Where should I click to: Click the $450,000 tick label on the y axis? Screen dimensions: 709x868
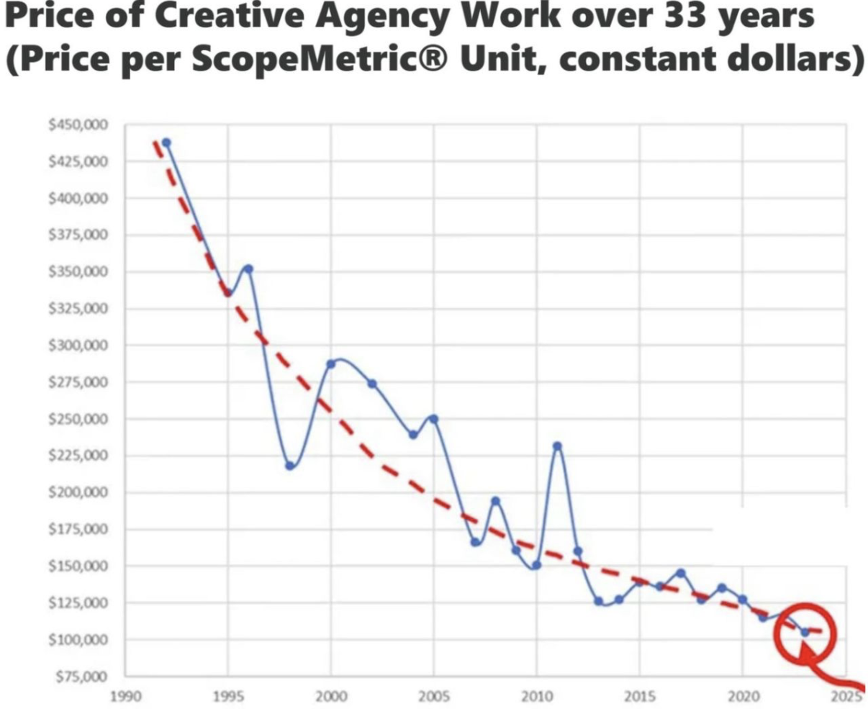coord(78,125)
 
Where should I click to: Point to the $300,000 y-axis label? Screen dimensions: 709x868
coord(78,346)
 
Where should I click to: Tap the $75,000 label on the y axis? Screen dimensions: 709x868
coord(80,677)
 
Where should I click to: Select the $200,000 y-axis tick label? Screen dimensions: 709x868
coord(78,492)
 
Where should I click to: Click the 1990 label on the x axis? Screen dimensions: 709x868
coord(125,696)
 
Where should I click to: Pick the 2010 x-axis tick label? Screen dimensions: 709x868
coord(536,696)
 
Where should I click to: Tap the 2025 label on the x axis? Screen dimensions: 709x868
coord(846,696)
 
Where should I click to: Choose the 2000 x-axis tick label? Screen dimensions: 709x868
coord(330,696)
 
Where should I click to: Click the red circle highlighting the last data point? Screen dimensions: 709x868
coord(805,633)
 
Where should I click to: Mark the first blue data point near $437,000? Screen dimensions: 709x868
coord(166,143)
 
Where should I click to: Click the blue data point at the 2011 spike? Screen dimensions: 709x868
coord(557,446)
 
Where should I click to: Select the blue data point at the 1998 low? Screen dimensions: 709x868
coord(289,466)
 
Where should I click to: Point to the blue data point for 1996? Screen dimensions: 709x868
coord(248,268)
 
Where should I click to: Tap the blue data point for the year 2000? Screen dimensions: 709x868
coord(330,363)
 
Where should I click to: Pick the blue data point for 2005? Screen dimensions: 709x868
coord(433,419)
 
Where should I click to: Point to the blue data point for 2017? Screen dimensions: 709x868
coord(681,573)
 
